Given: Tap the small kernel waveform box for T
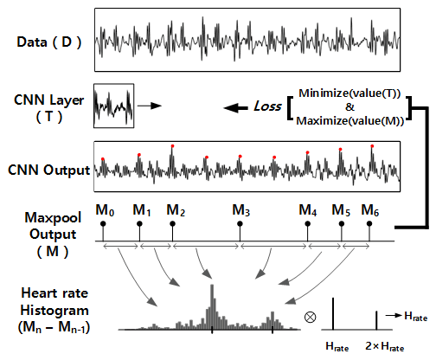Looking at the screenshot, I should (113, 106).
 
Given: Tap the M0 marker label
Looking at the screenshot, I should (105, 209).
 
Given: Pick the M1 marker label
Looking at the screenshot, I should (141, 209).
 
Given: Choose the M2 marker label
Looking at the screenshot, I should (175, 209).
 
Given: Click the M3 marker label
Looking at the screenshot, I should (241, 209).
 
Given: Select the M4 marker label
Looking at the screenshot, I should (308, 209).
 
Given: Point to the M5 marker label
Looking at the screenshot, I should (341, 209).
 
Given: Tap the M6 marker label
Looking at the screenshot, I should (369, 209).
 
